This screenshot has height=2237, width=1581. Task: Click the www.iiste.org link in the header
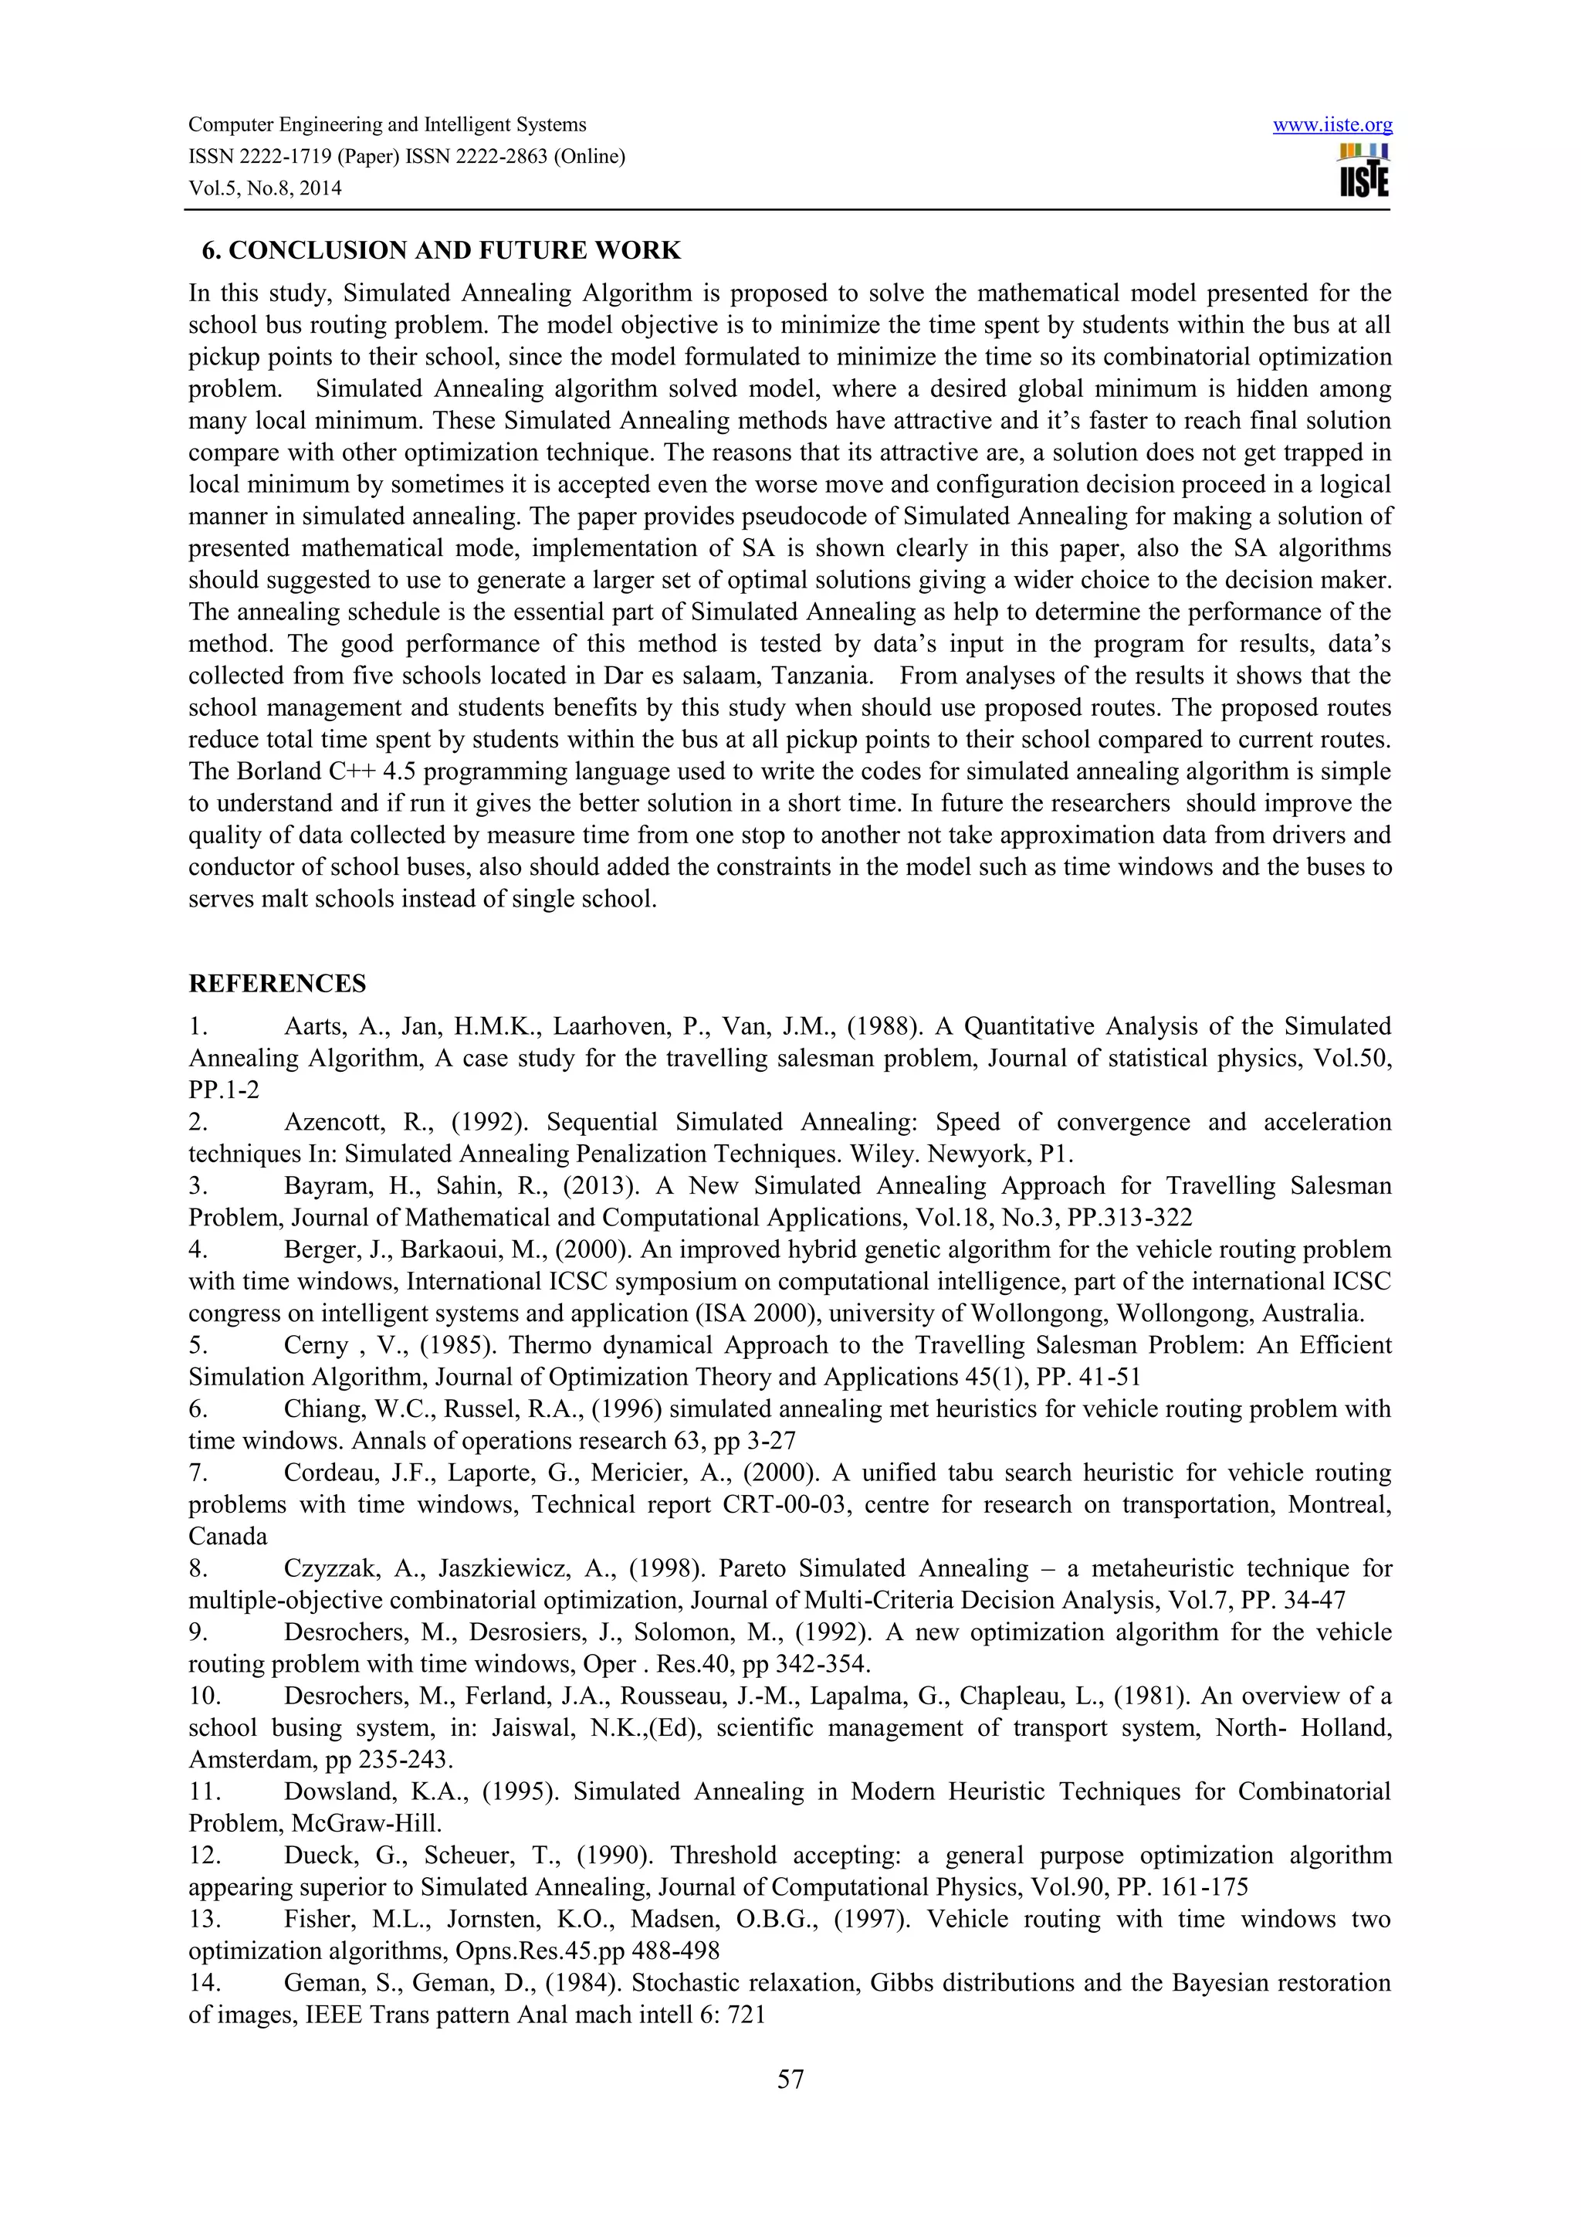pos(1332,125)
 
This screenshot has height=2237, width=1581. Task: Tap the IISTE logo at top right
pos(1364,171)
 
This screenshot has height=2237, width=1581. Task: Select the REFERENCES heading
pos(278,983)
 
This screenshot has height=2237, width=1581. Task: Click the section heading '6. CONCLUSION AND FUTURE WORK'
pos(440,250)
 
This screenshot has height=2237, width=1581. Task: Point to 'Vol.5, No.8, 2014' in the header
pos(265,188)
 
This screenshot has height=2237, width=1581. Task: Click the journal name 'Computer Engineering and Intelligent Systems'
pos(387,125)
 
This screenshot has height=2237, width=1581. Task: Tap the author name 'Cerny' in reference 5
pos(316,1345)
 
